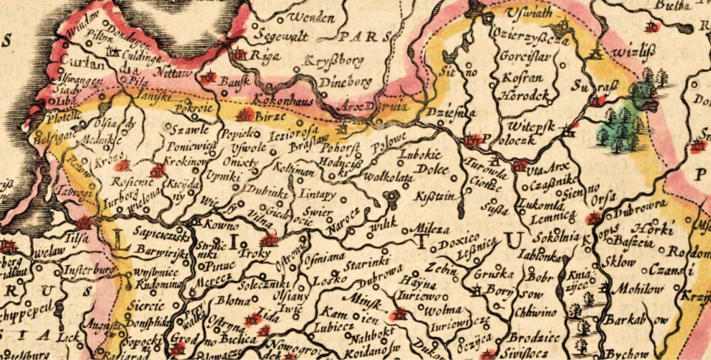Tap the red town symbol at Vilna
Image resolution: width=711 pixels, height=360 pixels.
tap(269, 240)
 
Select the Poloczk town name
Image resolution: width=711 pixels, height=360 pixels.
tap(514, 140)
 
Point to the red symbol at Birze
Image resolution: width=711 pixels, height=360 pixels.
tap(245, 114)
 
